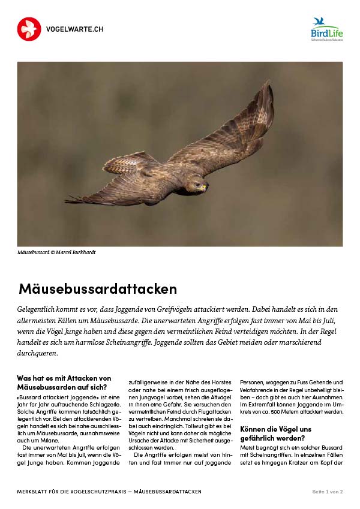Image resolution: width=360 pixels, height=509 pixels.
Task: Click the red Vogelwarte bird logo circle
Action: (x=29, y=29)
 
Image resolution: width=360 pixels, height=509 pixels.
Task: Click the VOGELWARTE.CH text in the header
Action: (x=71, y=29)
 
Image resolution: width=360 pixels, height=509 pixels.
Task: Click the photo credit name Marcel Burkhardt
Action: (x=76, y=252)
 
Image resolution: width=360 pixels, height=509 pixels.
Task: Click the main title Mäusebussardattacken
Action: (x=98, y=289)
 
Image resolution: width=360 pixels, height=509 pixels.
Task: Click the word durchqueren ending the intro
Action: (x=38, y=353)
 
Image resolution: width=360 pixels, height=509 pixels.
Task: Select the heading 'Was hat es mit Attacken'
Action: (x=64, y=378)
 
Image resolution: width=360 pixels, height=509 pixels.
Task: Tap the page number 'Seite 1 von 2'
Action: (x=327, y=492)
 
